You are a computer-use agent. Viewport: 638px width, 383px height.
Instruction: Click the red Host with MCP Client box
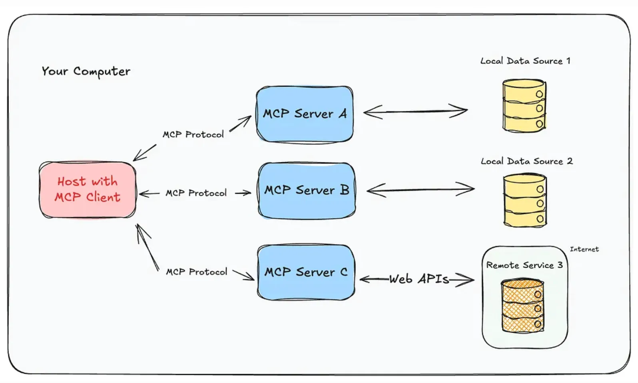click(x=88, y=190)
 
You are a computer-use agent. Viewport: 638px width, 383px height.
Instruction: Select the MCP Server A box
click(x=305, y=115)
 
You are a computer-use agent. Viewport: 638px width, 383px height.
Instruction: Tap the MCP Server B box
click(x=307, y=191)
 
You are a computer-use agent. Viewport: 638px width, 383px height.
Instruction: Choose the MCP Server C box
click(x=306, y=272)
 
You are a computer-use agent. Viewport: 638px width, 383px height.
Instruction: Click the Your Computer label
click(x=86, y=71)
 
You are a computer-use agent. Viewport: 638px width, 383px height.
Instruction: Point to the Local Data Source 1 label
click(x=525, y=61)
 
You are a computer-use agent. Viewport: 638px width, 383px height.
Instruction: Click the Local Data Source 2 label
click(x=526, y=161)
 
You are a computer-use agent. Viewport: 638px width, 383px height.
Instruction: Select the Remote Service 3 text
click(x=524, y=265)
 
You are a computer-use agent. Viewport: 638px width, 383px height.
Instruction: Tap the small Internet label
click(x=584, y=249)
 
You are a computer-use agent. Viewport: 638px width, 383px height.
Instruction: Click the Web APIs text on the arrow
click(x=419, y=279)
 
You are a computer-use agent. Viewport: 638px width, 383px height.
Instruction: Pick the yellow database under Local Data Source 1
click(x=524, y=106)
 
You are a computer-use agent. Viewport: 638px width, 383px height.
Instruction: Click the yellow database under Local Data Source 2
click(x=525, y=201)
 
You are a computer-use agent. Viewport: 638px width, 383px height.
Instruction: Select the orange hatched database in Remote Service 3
click(x=522, y=306)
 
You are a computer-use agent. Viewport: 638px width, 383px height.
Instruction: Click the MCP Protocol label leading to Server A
click(x=193, y=134)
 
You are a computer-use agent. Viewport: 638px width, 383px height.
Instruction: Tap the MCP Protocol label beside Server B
click(x=196, y=193)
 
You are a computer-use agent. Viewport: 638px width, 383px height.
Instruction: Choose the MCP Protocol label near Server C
click(x=196, y=272)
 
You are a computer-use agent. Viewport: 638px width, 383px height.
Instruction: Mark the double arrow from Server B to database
click(x=420, y=190)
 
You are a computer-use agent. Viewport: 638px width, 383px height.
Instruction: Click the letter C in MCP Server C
click(x=344, y=272)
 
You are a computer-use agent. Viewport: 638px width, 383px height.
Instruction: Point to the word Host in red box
click(x=71, y=182)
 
